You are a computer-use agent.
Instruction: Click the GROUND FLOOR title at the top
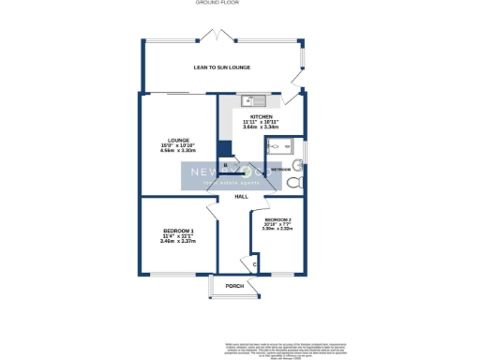pyautogui.click(x=217, y=3)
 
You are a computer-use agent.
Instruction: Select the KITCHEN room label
pyautogui.click(x=261, y=117)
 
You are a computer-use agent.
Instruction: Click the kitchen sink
pyautogui.click(x=250, y=101)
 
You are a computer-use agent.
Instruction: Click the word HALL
pyautogui.click(x=241, y=197)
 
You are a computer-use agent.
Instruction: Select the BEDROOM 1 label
pyautogui.click(x=177, y=231)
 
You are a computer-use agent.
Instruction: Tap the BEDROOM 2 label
pyautogui.click(x=277, y=220)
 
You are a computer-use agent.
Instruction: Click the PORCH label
pyautogui.click(x=235, y=286)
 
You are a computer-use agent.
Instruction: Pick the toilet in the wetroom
pyautogui.click(x=297, y=182)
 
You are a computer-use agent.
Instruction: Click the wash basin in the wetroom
pyautogui.click(x=298, y=164)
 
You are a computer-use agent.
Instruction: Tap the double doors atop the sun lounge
pyautogui.click(x=218, y=37)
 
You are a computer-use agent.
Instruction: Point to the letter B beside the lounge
pyautogui.click(x=224, y=165)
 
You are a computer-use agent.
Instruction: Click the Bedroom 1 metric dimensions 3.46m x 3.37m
pyautogui.click(x=177, y=242)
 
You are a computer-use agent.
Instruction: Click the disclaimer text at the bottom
pyautogui.click(x=281, y=350)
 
